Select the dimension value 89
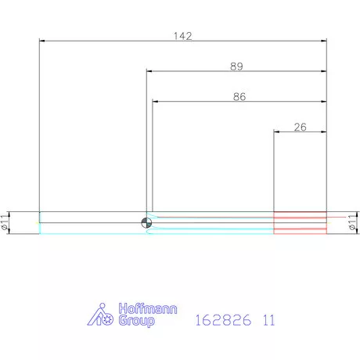pos(236,67)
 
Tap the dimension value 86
pos(239,97)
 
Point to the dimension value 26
pos(300,126)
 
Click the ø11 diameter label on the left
pos(5,222)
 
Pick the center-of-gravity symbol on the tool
pos(146,222)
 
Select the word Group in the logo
pos(135,322)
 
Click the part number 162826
pos(222,320)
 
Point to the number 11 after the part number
pos(268,320)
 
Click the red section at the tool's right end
pos(300,222)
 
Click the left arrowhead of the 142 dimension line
pos(42,41)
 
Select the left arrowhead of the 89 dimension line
pos(149,72)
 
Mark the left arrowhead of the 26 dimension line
pos(276,131)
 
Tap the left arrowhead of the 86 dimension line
pos(155,102)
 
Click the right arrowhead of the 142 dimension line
pos(323,41)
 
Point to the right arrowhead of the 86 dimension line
pos(322,102)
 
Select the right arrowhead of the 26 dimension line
pos(323,131)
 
